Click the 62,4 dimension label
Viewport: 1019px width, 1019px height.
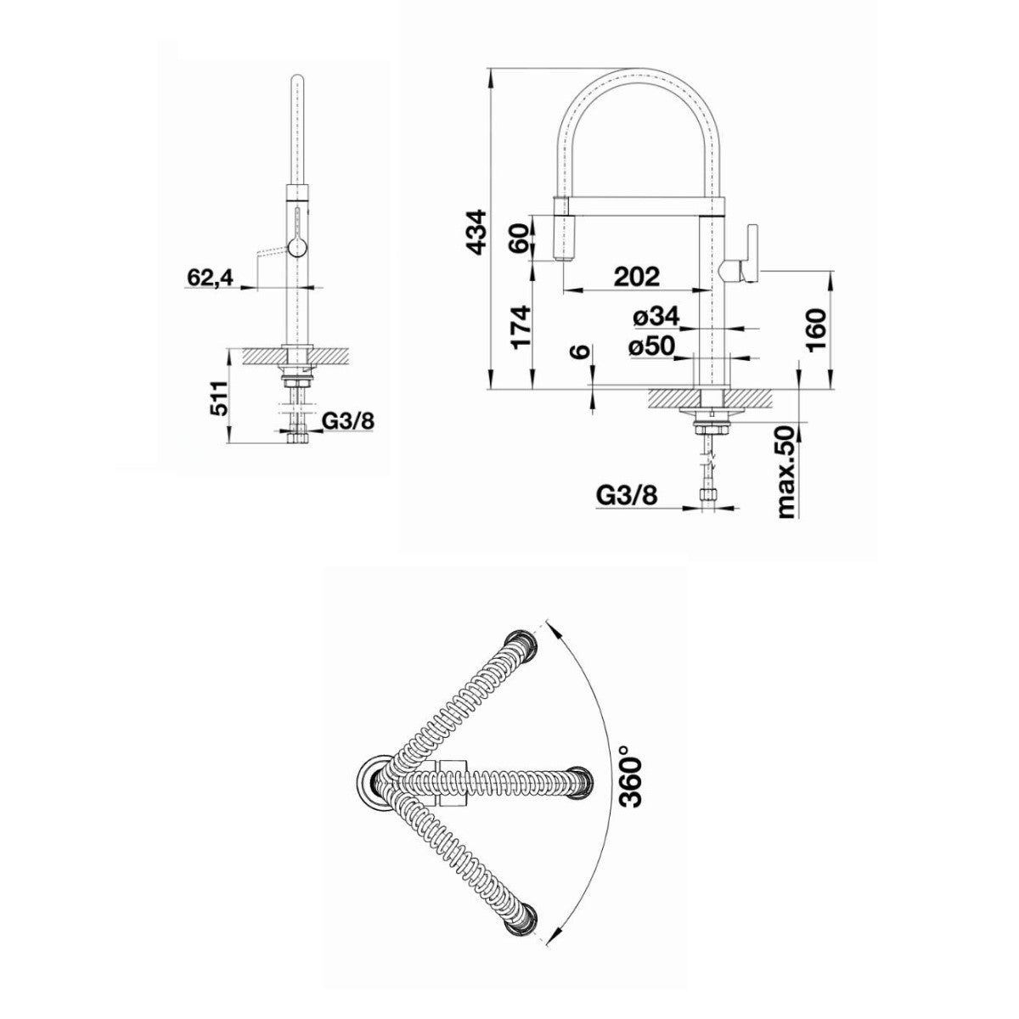[210, 277]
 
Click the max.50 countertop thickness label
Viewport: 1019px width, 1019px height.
[786, 471]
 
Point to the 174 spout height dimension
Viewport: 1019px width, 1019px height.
[520, 326]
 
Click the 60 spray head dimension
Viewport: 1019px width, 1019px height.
[520, 239]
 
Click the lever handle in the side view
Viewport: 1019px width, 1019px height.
[740, 255]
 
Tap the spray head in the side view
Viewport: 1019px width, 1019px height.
[561, 231]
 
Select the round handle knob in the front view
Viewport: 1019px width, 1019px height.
[296, 247]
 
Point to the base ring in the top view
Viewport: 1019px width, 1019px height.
[374, 785]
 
